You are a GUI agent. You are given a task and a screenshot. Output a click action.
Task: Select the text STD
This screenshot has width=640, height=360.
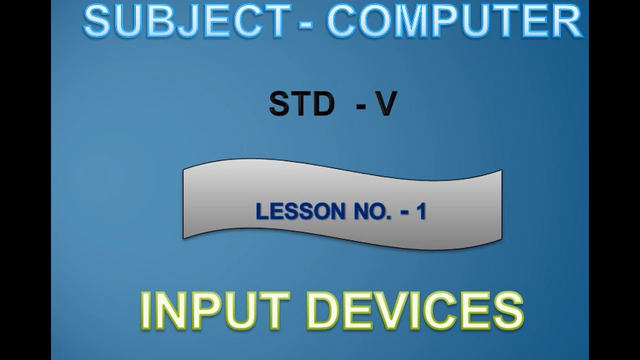pyautogui.click(x=301, y=105)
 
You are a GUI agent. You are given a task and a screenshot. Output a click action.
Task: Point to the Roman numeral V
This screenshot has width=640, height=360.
pyautogui.click(x=386, y=105)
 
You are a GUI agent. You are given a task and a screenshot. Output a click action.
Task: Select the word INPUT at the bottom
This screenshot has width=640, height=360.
pyautogui.click(x=215, y=311)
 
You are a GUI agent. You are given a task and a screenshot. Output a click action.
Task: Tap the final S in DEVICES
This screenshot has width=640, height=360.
pyautogui.click(x=506, y=311)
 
